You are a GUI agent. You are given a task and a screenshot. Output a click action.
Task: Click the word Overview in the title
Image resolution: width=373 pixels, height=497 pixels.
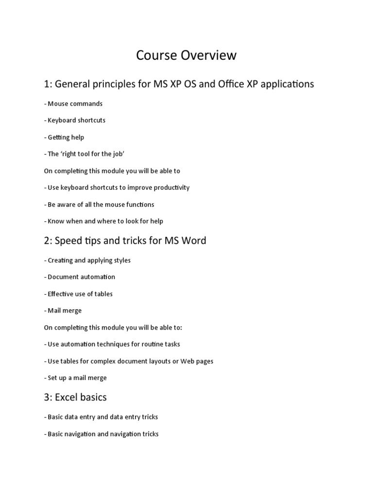tap(208, 56)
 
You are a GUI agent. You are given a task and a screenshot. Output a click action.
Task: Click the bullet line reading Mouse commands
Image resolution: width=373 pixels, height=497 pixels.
tap(73, 103)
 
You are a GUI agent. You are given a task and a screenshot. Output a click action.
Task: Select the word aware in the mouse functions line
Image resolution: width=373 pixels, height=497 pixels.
tap(68, 204)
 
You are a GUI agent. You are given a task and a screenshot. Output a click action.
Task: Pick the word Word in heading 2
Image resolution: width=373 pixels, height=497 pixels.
tap(193, 241)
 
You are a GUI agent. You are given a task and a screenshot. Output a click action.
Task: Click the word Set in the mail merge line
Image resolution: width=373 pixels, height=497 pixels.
tap(53, 378)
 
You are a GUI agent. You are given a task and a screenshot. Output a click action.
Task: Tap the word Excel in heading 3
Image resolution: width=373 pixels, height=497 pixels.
tap(67, 398)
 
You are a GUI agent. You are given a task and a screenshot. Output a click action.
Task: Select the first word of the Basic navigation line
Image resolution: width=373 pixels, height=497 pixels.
tap(56, 434)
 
